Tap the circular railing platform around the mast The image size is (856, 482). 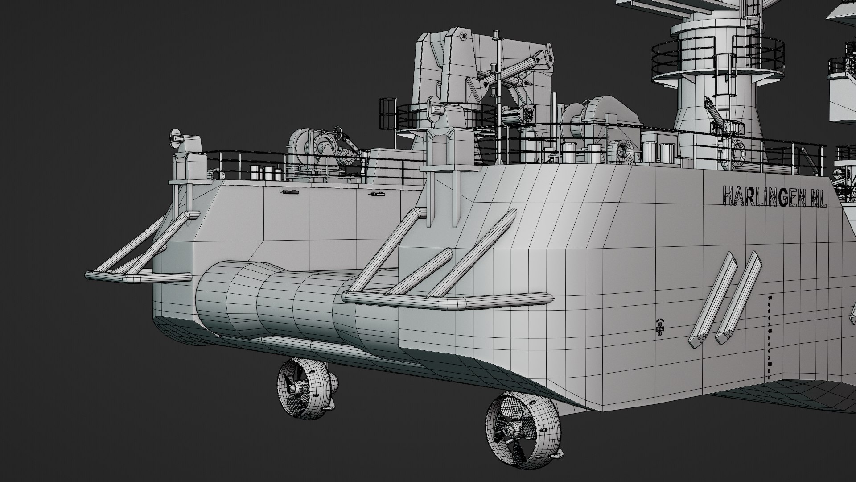(x=718, y=62)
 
